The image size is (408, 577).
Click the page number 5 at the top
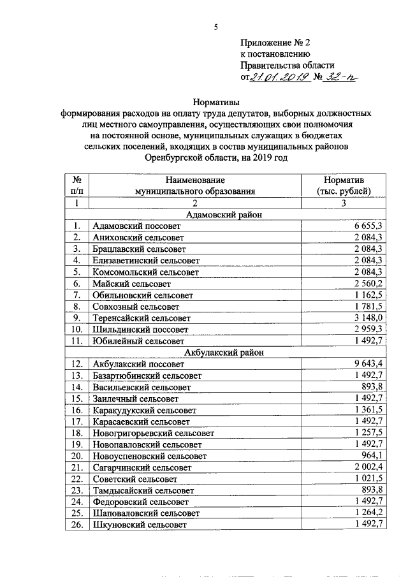[215, 27]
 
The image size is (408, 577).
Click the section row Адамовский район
[224, 214]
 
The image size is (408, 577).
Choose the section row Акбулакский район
[224, 352]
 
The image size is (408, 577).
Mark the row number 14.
[77, 387]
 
